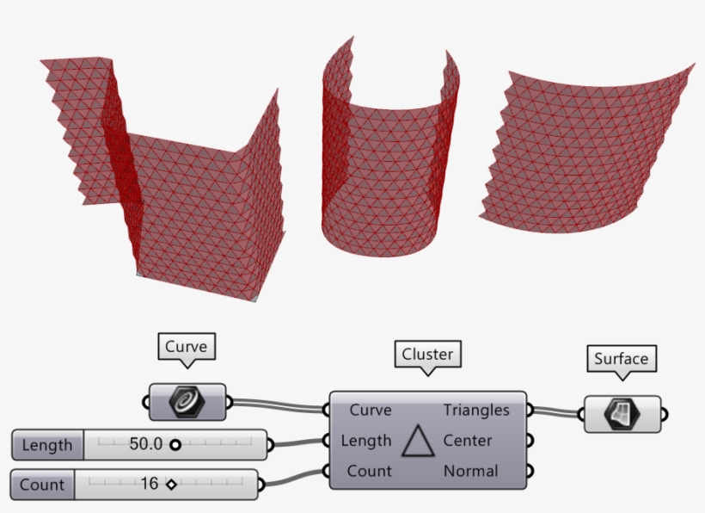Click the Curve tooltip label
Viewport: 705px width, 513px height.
(187, 347)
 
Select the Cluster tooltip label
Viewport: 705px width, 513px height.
(427, 354)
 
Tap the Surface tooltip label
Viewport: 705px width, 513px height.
(622, 359)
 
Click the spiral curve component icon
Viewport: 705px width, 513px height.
(187, 402)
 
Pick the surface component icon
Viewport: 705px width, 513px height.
(622, 414)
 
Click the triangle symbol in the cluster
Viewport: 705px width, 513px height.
(418, 441)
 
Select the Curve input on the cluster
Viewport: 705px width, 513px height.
(371, 410)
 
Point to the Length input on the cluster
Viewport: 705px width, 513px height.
(366, 441)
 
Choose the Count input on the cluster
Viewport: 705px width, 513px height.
(370, 471)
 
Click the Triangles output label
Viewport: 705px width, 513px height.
(476, 410)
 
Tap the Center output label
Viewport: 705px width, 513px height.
(468, 441)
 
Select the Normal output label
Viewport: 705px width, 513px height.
(471, 471)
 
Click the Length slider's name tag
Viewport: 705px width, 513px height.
(47, 445)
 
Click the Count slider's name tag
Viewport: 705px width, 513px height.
(42, 485)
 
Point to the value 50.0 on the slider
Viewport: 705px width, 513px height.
(145, 444)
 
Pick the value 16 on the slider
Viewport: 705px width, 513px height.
(150, 484)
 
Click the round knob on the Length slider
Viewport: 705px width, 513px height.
(175, 445)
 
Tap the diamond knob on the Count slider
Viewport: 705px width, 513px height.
(171, 485)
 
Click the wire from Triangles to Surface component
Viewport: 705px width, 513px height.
(555, 411)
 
